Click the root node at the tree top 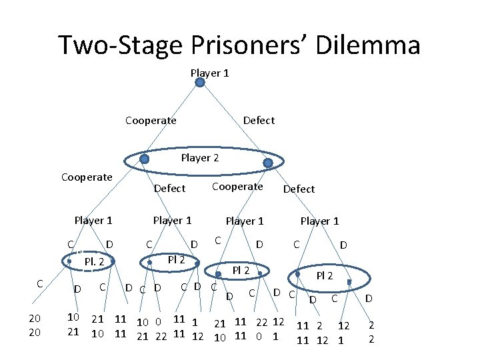pos(200,83)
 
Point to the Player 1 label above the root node pos(209,73)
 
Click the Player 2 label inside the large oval pos(200,158)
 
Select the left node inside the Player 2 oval pos(145,159)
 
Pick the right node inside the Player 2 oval pos(268,163)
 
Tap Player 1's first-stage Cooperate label pos(151,120)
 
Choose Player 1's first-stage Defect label pos(259,120)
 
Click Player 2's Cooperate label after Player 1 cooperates pos(87,177)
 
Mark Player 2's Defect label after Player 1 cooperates pos(169,189)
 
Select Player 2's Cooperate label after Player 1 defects pos(237,187)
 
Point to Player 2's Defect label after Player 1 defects pos(299,189)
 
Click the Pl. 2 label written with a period pos(94,261)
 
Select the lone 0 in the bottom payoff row pos(259,336)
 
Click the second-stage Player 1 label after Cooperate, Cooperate pos(93,221)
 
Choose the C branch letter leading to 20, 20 pos(40,283)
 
